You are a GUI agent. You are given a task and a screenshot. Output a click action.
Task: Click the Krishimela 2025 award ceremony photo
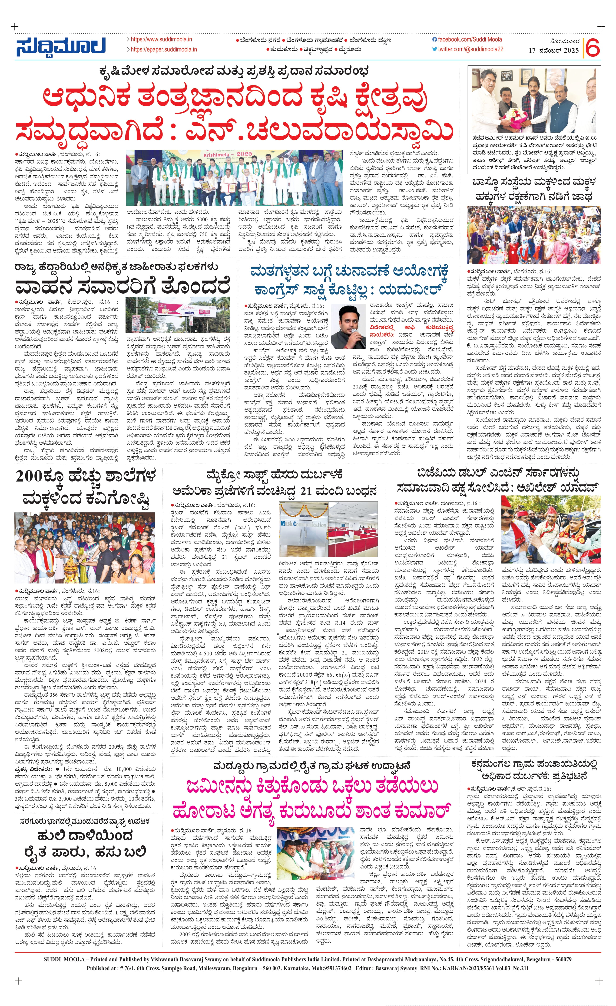(234, 178)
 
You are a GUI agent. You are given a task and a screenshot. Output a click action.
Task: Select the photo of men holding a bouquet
(533, 101)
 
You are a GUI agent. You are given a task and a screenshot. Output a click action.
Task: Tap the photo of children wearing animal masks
(533, 236)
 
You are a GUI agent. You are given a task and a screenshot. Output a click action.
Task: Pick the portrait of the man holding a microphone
(348, 327)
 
